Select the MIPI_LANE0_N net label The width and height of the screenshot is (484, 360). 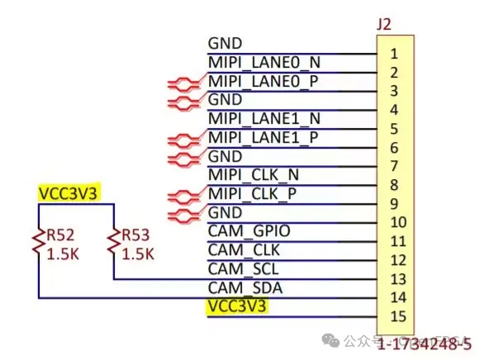[263, 62]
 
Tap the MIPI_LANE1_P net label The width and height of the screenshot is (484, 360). [263, 137]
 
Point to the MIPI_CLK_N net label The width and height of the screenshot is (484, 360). [254, 175]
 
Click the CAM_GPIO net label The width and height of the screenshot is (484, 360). [249, 231]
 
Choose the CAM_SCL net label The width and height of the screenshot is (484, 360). [244, 268]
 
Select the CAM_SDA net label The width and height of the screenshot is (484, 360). [244, 287]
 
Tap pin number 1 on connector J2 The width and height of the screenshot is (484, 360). [395, 54]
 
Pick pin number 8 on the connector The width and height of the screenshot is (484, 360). [395, 185]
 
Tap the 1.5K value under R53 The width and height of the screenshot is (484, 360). [138, 254]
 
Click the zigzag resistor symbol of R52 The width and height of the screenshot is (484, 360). [38, 243]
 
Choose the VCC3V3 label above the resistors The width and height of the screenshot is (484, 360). [68, 193]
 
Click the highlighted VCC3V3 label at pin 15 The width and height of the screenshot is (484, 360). [238, 306]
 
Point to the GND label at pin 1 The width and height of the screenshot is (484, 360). [225, 43]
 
